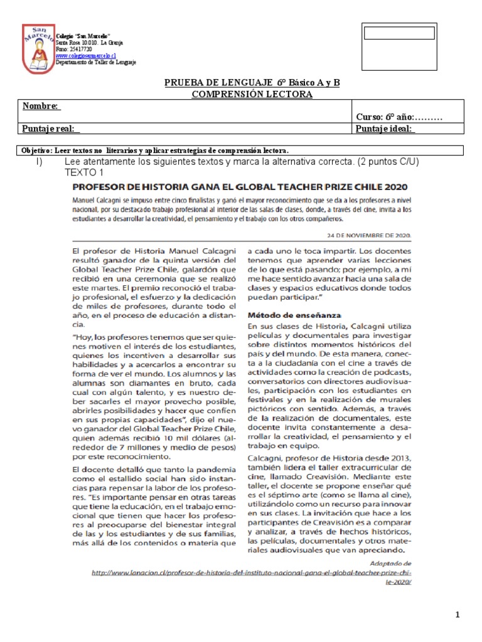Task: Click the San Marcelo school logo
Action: (x=37, y=48)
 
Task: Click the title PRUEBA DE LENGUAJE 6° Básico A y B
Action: (x=252, y=83)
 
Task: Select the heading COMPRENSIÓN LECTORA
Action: (x=252, y=94)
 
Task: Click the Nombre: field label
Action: (x=41, y=106)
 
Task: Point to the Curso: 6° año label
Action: (x=399, y=117)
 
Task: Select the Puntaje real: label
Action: (x=51, y=129)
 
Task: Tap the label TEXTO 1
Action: (x=84, y=172)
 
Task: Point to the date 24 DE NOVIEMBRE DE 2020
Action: (x=370, y=235)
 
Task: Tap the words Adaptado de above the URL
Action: (x=390, y=564)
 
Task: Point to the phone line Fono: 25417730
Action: (x=74, y=49)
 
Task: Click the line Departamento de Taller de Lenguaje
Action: (x=96, y=62)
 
